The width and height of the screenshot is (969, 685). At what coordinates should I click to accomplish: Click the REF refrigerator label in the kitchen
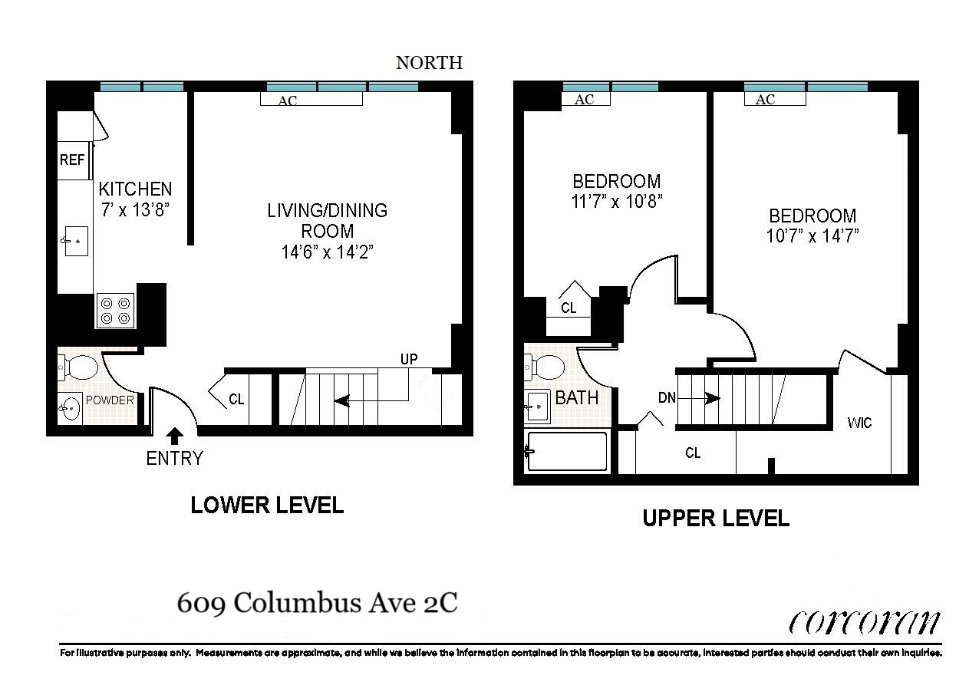72,160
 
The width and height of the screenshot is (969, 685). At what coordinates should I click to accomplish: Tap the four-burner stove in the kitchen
115,310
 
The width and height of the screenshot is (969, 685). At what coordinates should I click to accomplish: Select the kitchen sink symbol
74,242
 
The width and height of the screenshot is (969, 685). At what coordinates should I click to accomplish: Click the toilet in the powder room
79,367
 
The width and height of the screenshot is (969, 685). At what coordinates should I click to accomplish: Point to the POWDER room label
110,400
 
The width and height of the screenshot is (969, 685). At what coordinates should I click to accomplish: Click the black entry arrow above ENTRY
174,436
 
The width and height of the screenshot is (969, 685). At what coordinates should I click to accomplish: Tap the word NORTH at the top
429,63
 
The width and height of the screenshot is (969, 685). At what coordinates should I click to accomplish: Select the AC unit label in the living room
287,100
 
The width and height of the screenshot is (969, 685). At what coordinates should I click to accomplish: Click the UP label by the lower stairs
409,359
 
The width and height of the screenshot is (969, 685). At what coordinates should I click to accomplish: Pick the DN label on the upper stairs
666,398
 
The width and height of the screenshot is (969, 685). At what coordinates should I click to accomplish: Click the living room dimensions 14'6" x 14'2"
327,252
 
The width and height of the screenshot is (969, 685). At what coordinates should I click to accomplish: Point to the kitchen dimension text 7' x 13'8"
135,209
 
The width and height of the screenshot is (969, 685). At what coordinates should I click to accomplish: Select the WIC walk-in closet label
859,423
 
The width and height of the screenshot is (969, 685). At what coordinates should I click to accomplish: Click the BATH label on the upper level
577,398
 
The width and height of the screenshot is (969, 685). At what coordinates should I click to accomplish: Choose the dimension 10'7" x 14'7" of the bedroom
812,236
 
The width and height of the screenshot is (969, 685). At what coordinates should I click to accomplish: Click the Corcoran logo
864,623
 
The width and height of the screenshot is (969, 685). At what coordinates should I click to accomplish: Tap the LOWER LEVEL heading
267,506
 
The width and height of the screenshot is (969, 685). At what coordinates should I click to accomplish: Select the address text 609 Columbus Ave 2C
317,603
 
